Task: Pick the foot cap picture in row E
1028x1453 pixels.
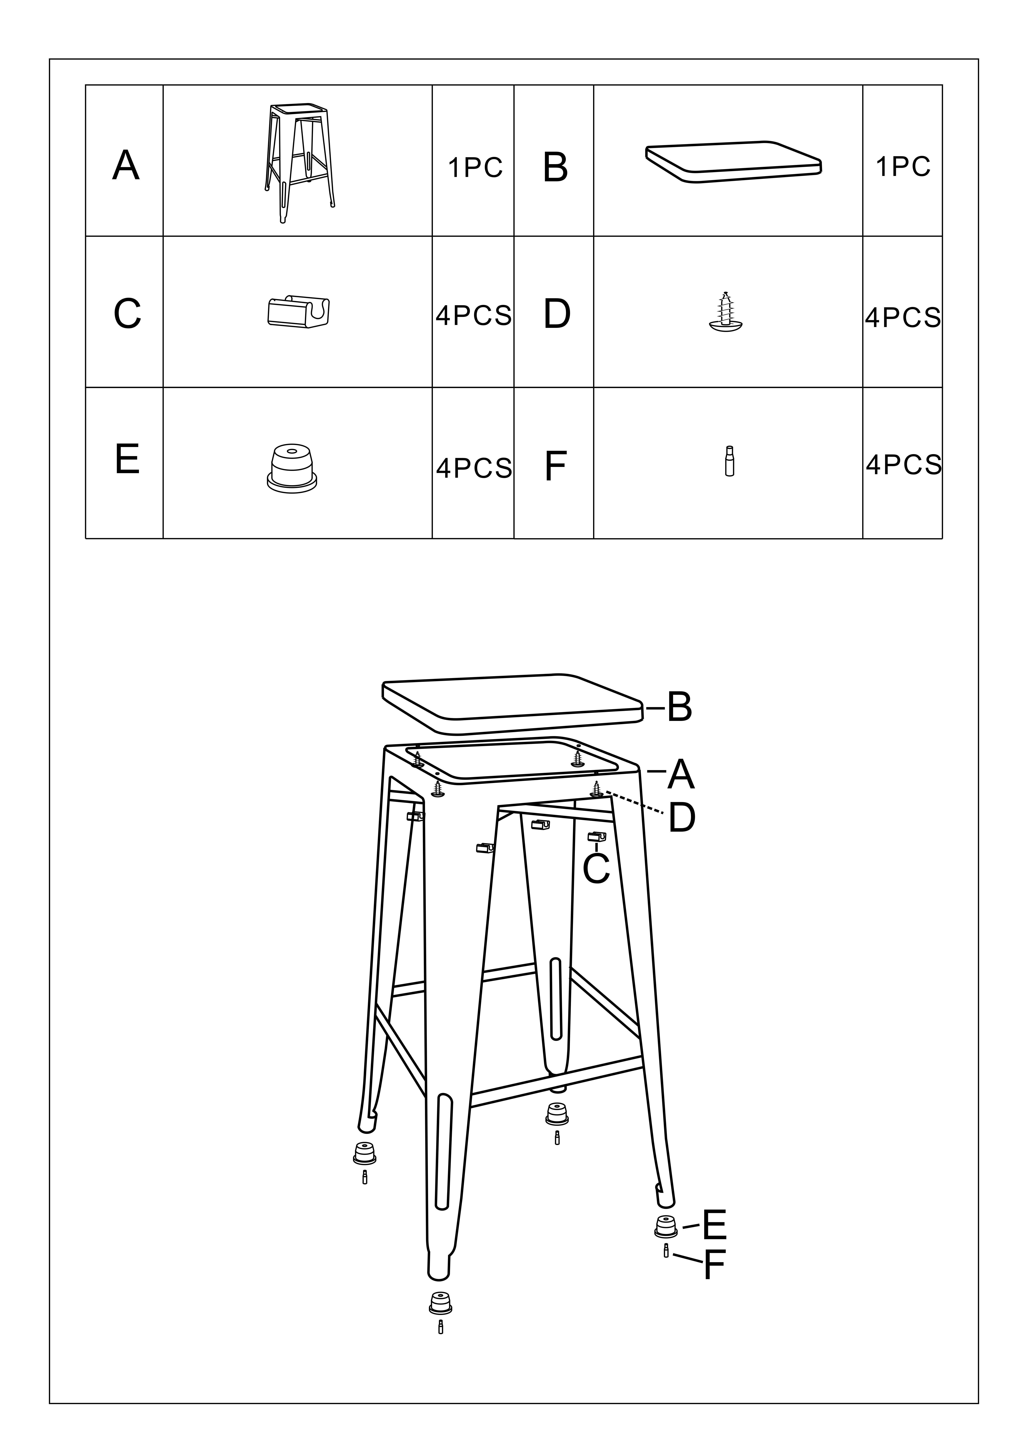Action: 292,469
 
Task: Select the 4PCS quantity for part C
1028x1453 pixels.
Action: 473,315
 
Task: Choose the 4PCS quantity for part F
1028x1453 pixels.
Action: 903,464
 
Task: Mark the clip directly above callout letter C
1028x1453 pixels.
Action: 597,837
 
